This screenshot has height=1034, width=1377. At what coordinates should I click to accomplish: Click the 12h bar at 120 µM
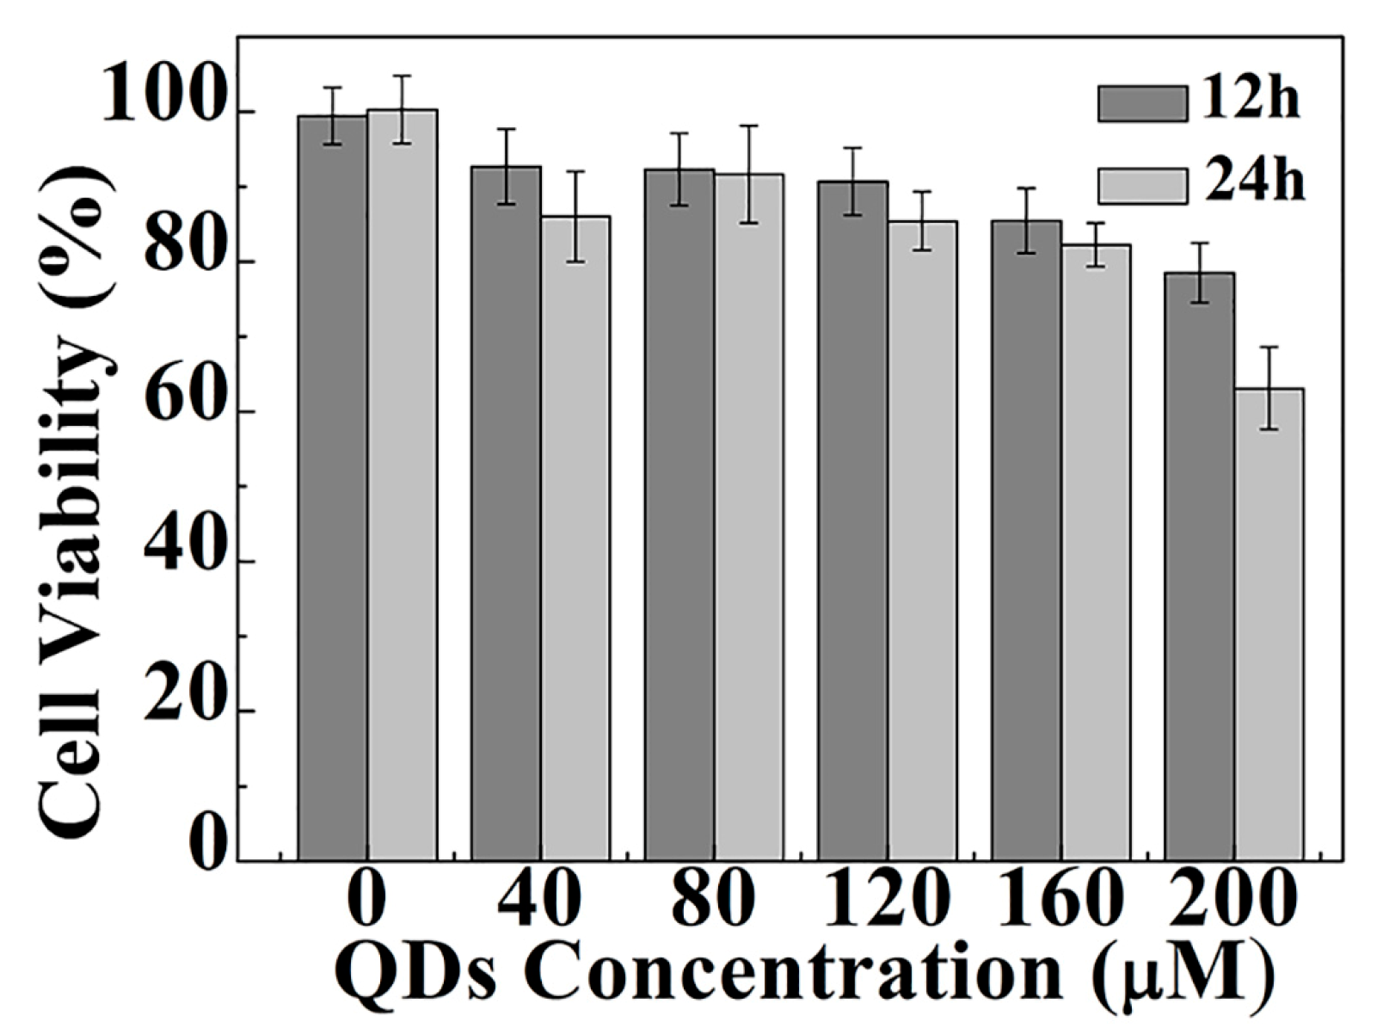click(852, 520)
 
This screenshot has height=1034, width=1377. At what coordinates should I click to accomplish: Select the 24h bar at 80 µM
click(749, 517)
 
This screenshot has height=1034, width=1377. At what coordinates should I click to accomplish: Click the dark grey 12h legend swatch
click(1141, 103)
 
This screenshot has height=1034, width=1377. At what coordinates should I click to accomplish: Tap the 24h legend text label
click(1253, 183)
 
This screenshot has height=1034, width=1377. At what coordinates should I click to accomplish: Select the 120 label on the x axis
click(887, 900)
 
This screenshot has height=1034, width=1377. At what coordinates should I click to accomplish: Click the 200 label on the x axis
click(1232, 900)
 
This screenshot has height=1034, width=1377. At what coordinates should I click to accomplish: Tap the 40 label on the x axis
click(540, 900)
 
